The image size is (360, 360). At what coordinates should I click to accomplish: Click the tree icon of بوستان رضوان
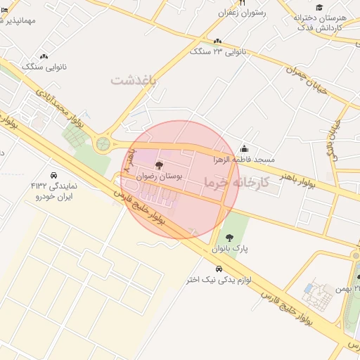tap(157, 165)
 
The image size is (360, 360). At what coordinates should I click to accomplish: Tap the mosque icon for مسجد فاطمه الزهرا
tap(244, 148)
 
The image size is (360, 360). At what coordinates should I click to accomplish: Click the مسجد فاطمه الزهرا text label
tap(245, 160)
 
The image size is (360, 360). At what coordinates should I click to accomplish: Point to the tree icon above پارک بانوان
tap(230, 238)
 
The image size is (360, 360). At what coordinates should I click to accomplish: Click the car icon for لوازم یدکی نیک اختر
tap(219, 269)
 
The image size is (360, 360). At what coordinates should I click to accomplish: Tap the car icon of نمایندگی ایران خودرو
tap(53, 175)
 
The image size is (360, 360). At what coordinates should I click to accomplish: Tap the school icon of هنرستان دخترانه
tap(319, 7)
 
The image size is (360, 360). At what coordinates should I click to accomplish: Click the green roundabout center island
tap(103, 144)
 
